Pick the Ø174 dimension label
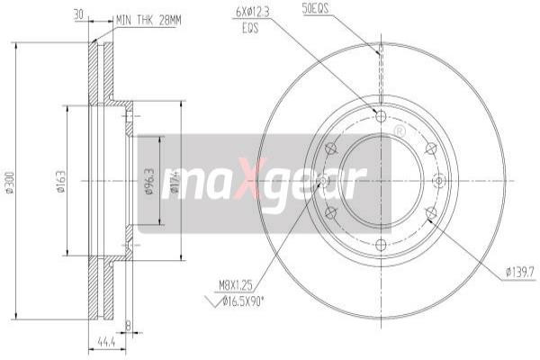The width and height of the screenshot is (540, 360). [x=173, y=179]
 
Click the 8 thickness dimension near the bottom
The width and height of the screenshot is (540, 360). [x=129, y=326]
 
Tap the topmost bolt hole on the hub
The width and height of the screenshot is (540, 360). [x=379, y=116]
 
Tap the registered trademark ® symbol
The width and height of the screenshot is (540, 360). [x=398, y=132]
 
